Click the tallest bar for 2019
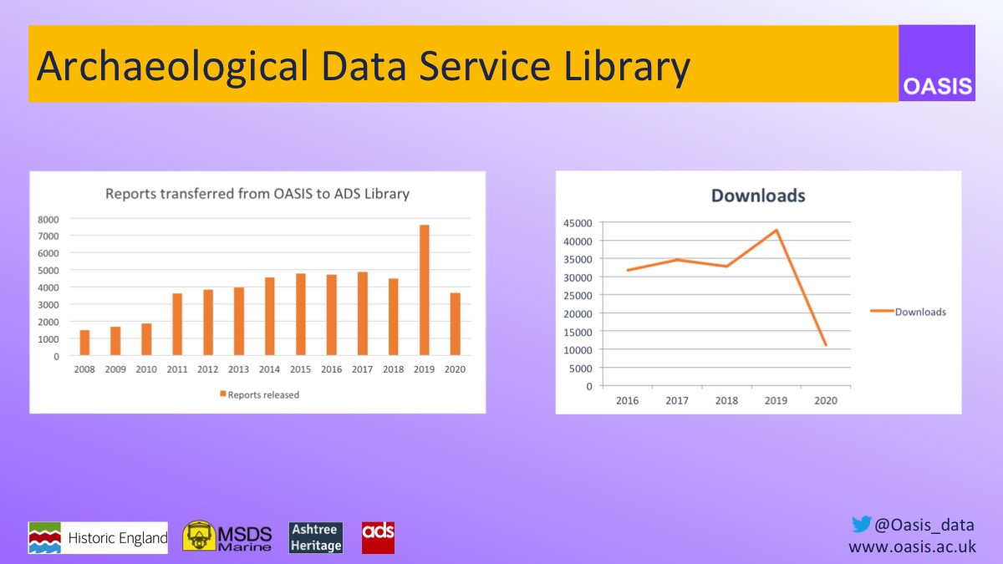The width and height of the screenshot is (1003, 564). click(x=425, y=291)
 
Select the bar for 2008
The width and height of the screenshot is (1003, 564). click(x=84, y=343)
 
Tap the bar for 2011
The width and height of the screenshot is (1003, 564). click(x=176, y=325)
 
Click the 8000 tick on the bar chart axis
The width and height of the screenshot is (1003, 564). click(x=48, y=219)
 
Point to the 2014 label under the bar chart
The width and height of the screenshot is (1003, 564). click(x=268, y=369)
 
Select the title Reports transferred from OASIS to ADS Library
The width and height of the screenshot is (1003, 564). click(x=257, y=194)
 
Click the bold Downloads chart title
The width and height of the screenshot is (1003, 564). click(x=758, y=196)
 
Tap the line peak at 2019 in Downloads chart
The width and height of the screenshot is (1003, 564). click(x=776, y=230)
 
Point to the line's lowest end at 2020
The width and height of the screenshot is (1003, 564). click(x=826, y=345)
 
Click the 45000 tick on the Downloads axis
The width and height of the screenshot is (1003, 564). click(x=578, y=223)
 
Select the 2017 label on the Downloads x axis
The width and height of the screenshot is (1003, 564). click(x=677, y=401)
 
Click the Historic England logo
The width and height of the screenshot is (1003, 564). click(x=98, y=538)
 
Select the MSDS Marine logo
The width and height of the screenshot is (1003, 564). click(x=227, y=537)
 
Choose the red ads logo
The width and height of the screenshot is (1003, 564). click(x=378, y=537)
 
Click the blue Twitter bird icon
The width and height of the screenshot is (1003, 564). click(x=861, y=525)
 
